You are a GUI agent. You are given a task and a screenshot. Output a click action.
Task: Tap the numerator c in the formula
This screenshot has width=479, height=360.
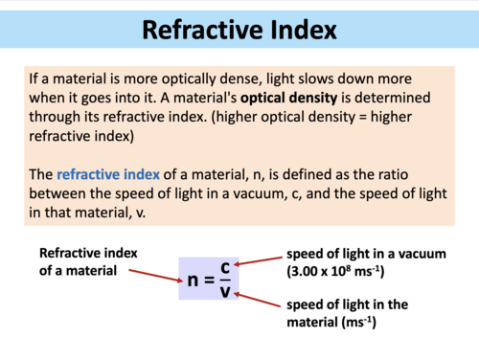tap(225, 268)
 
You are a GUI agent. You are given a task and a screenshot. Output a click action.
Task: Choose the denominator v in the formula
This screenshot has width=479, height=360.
tap(225, 290)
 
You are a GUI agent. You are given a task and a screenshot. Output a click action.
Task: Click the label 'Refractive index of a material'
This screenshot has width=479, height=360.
tap(84, 262)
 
